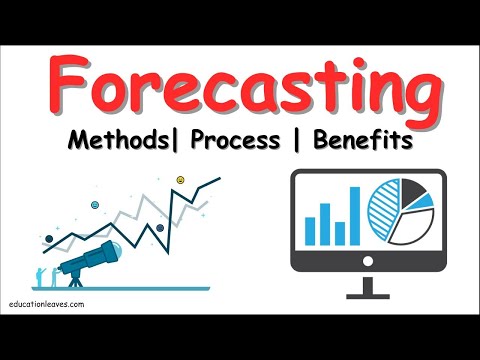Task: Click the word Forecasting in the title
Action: (240, 88)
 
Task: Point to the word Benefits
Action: (356, 140)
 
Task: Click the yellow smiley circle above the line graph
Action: (181, 180)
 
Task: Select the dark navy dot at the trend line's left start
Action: (48, 237)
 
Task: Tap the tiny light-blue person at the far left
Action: (39, 275)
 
